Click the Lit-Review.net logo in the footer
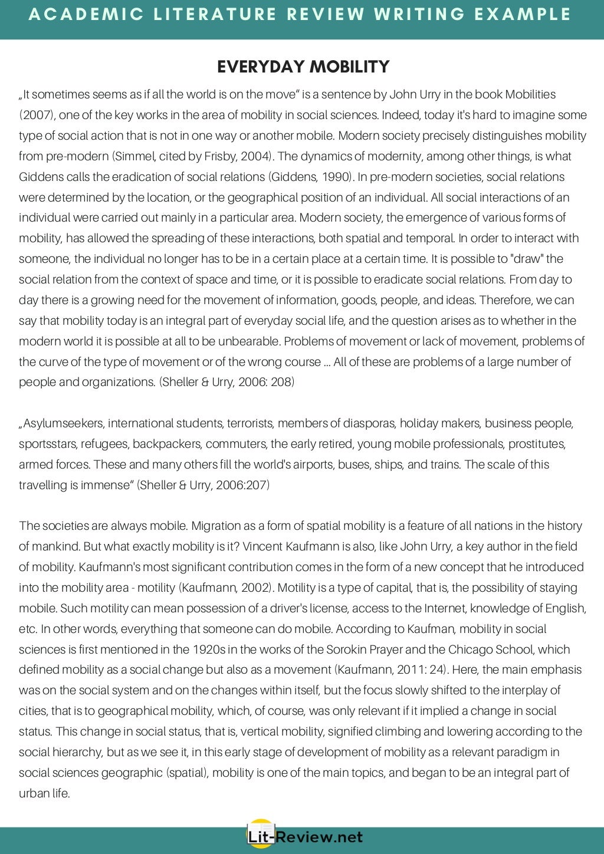click(x=304, y=836)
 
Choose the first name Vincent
click(x=262, y=546)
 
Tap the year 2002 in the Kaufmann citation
click(x=256, y=588)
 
